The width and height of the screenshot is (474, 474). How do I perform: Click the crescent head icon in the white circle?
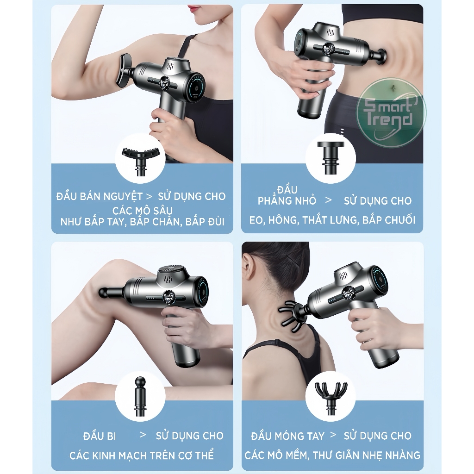pyautogui.click(x=140, y=160)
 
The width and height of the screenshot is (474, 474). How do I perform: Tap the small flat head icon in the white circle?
pyautogui.click(x=331, y=158)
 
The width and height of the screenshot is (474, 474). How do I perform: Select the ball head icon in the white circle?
pyautogui.click(x=140, y=397)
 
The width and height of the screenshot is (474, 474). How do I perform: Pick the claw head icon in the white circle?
pyautogui.click(x=331, y=398)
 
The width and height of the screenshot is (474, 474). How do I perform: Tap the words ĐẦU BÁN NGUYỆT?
pyautogui.click(x=100, y=196)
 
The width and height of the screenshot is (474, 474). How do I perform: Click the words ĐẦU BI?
pyautogui.click(x=100, y=436)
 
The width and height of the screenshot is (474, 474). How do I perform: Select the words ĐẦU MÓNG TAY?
pyautogui.click(x=287, y=436)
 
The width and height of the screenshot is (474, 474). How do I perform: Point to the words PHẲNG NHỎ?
pyautogui.click(x=287, y=201)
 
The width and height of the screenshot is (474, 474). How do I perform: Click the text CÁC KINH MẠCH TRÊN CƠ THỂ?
pyautogui.click(x=142, y=455)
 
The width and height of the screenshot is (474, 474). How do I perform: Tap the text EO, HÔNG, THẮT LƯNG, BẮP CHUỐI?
pyautogui.click(x=332, y=220)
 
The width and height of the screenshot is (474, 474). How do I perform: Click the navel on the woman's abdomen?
pyautogui.click(x=393, y=88)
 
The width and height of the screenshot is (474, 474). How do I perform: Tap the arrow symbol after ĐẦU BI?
pyautogui.click(x=143, y=435)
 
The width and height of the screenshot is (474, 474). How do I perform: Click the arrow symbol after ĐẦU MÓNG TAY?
pyautogui.click(x=333, y=435)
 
